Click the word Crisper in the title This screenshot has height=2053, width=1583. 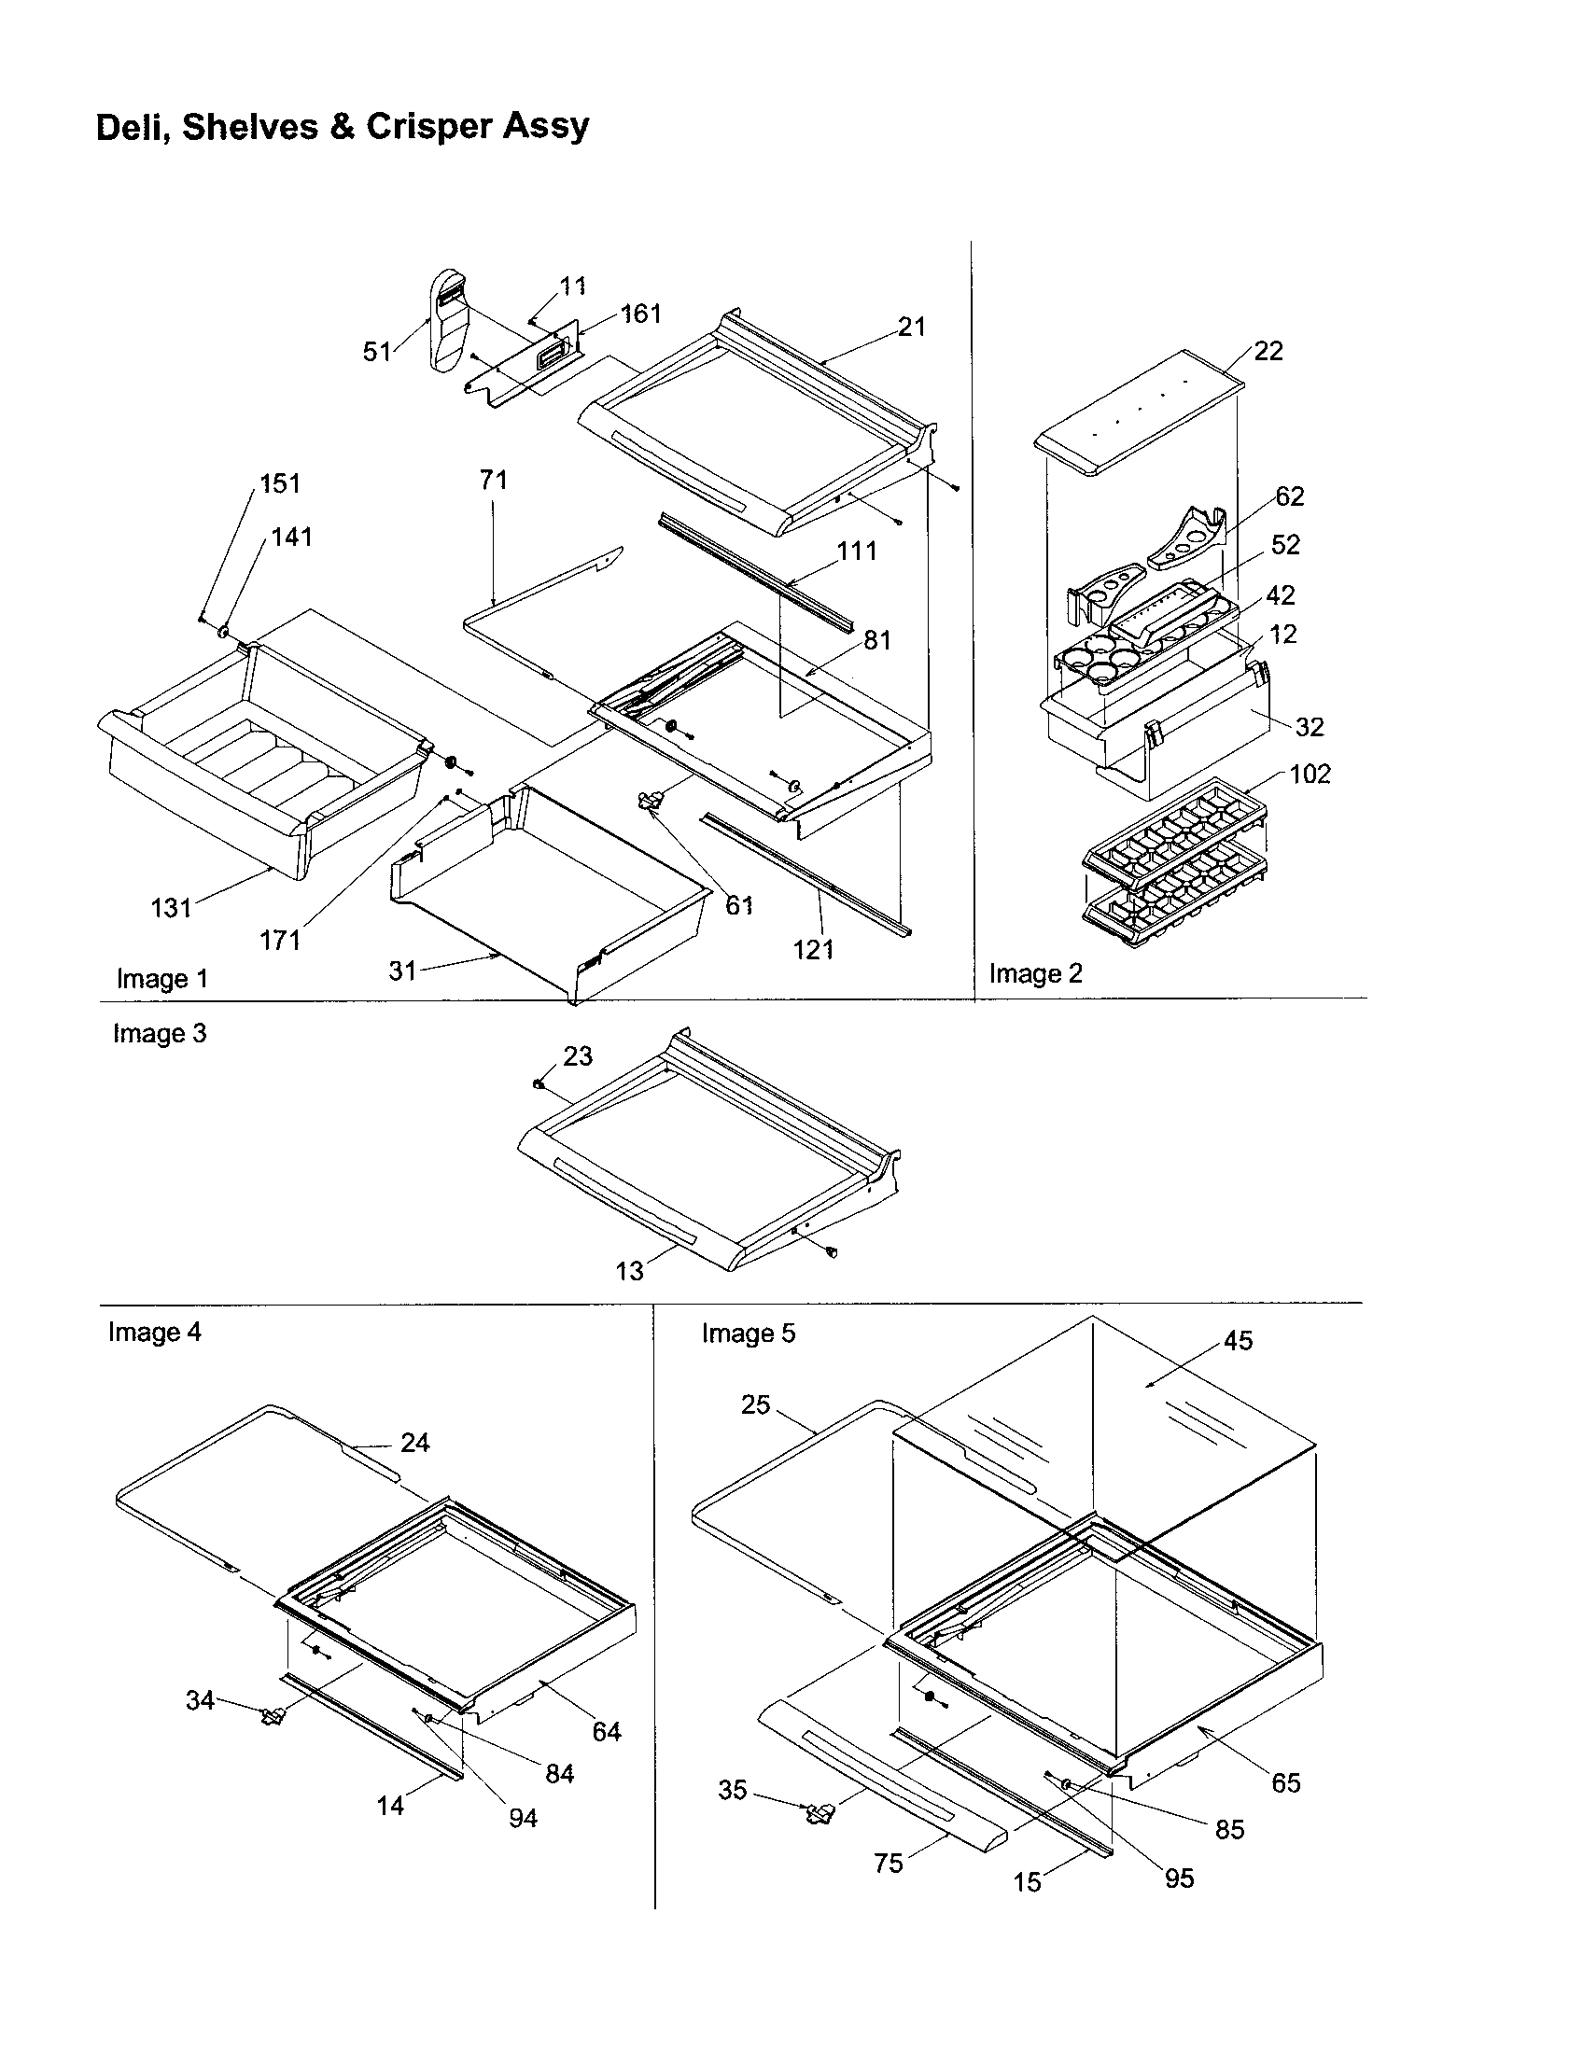tap(428, 126)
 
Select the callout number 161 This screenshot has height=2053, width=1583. tap(642, 314)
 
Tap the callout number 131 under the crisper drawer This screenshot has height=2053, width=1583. tap(171, 908)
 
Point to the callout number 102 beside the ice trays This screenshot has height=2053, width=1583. tap(1310, 775)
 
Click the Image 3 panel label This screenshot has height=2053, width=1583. tap(160, 1033)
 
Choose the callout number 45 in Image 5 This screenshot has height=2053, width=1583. tap(1238, 1341)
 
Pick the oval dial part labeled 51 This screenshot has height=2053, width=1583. tap(448, 319)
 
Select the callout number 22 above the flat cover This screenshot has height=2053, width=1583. tap(1268, 351)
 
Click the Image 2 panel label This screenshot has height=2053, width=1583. tap(1036, 974)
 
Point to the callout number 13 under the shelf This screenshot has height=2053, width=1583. tap(629, 1271)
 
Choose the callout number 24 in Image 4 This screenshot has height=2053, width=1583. tap(414, 1443)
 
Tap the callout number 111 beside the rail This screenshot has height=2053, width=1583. tap(856, 551)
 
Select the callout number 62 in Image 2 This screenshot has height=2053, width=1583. tap(1290, 496)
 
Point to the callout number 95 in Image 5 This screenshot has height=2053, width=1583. tap(1179, 1878)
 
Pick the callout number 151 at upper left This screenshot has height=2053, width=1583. tap(280, 484)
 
